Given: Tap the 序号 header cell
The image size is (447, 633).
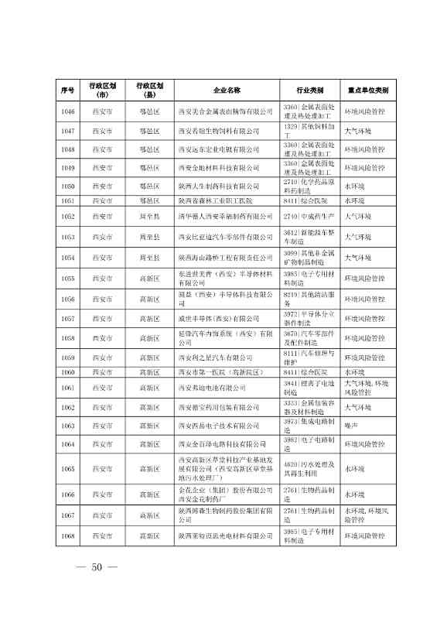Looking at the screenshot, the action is pos(67,91).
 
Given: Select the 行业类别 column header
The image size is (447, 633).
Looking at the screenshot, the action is pos(309,91).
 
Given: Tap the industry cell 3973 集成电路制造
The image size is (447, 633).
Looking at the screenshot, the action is pos(309,426).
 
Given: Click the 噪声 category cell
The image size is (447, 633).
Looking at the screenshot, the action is pos(354,426).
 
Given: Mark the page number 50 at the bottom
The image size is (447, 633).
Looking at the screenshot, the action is pos(97,590).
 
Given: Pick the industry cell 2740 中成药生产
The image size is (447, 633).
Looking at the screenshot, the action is pos(309,217).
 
